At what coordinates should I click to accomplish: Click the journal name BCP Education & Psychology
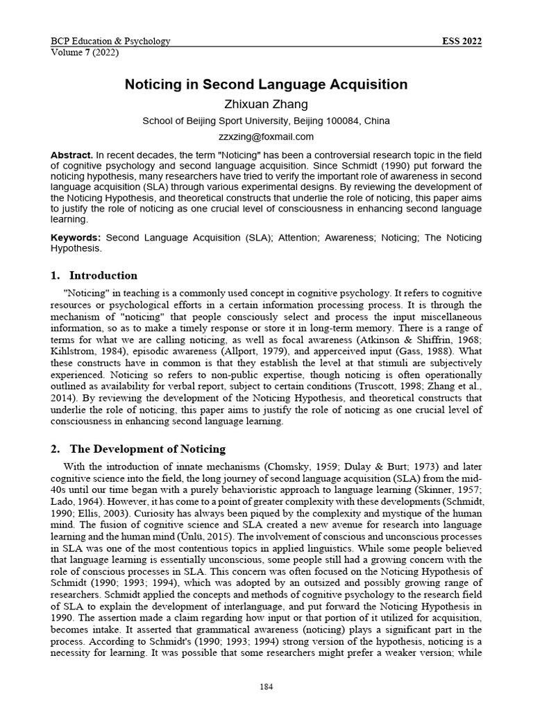pyautogui.click(x=110, y=41)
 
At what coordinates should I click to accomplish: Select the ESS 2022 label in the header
pyautogui.click(x=462, y=41)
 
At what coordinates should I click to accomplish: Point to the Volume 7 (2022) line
pyautogui.click(x=85, y=53)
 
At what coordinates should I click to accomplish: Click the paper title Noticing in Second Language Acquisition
pyautogui.click(x=266, y=85)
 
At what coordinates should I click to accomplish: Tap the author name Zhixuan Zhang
pyautogui.click(x=266, y=104)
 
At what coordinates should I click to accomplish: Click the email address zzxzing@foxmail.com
pyautogui.click(x=266, y=137)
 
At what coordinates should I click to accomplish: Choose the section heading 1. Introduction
pyautogui.click(x=94, y=275)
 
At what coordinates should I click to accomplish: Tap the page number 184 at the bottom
pyautogui.click(x=266, y=686)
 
